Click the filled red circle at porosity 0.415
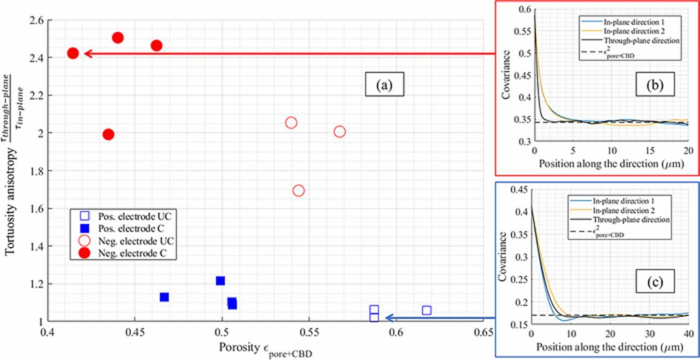click(x=73, y=53)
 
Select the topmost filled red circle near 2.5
click(x=118, y=38)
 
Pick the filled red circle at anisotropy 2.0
click(x=108, y=134)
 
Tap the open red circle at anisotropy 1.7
click(x=299, y=190)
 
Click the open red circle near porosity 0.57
click(x=340, y=131)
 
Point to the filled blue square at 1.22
click(x=220, y=281)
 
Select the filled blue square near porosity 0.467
click(x=164, y=297)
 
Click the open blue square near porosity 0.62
click(x=427, y=310)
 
